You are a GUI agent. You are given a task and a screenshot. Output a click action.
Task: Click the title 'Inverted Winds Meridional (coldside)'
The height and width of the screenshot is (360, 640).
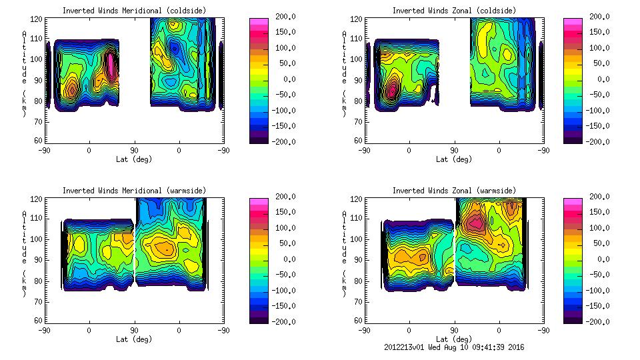coord(134,11)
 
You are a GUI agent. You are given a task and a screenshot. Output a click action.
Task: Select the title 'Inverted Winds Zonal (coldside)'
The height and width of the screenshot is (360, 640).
coord(454,11)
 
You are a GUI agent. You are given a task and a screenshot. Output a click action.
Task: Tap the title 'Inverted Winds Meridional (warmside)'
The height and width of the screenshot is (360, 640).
coord(134,191)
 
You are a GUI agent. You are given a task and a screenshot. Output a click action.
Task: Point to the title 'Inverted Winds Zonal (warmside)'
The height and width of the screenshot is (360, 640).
coord(454,191)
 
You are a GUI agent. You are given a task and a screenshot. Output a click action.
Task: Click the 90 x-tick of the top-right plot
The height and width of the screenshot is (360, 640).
coord(454,151)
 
